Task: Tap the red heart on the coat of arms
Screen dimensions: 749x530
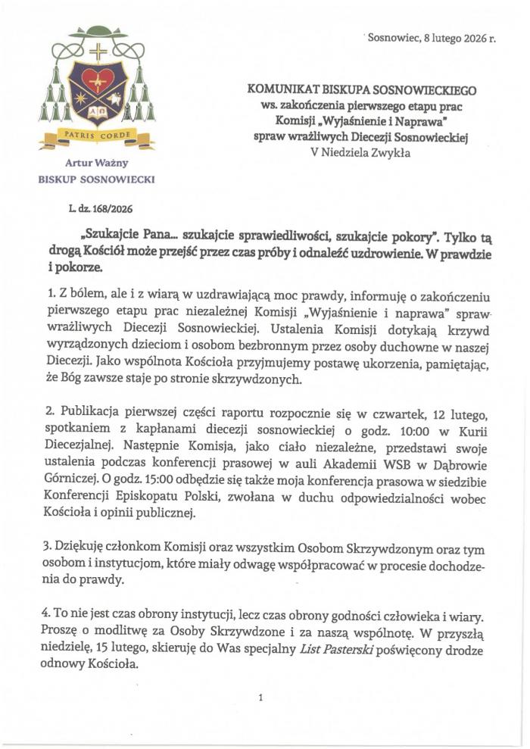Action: pos(98,79)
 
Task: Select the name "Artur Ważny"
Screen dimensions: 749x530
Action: pos(97,164)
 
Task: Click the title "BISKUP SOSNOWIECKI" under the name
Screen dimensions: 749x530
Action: pos(97,179)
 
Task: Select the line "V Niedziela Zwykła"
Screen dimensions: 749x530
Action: pos(361,151)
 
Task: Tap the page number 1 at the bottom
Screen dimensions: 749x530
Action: pos(260,698)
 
